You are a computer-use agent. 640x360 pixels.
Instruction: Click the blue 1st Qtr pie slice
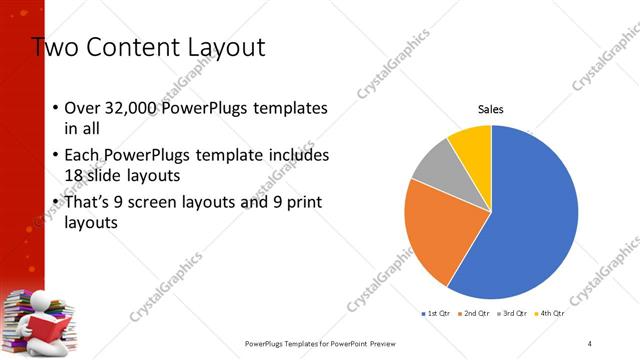pyautogui.click(x=530, y=220)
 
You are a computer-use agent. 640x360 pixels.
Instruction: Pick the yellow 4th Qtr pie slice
pyautogui.click(x=471, y=142)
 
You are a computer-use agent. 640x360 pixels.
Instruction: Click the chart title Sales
pyautogui.click(x=490, y=109)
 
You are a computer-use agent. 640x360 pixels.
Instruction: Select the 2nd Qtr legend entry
pyautogui.click(x=474, y=314)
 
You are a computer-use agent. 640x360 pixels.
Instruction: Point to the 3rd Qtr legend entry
pyautogui.click(x=512, y=314)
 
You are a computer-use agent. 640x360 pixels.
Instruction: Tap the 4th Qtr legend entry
pyautogui.click(x=549, y=314)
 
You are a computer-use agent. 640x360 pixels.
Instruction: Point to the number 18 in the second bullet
pyautogui.click(x=75, y=176)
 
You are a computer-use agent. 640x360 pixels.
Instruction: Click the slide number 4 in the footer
pyautogui.click(x=589, y=343)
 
